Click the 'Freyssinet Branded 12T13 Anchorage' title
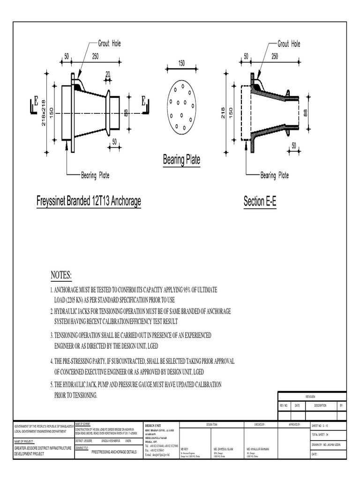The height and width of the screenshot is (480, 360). click(89, 202)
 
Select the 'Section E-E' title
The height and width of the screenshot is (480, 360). click(260, 202)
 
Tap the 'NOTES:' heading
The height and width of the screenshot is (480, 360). click(61, 275)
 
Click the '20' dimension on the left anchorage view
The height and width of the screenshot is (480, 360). click(108, 74)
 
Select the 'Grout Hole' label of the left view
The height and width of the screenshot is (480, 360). click(109, 44)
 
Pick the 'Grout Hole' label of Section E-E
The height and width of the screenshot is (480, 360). click(289, 44)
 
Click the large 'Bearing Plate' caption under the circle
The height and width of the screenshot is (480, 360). click(181, 160)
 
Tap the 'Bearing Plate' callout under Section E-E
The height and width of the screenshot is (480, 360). click(275, 175)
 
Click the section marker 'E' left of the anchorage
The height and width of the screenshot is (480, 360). click(35, 101)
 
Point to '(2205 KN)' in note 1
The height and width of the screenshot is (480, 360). click(72, 300)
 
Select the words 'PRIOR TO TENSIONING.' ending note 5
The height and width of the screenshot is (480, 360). click(76, 396)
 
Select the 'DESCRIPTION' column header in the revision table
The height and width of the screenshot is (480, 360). click(320, 405)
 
